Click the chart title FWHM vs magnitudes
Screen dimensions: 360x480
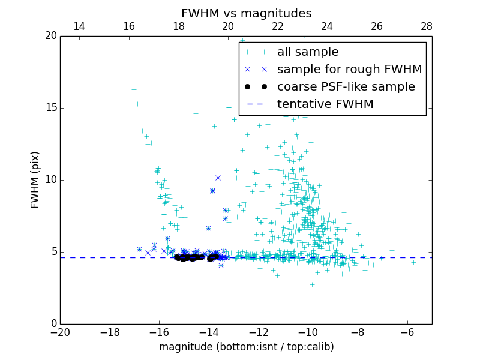tap(246, 13)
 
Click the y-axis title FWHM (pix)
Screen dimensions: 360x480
tap(35, 179)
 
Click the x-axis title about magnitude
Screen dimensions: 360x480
tap(246, 347)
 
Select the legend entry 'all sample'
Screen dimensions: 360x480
tap(308, 52)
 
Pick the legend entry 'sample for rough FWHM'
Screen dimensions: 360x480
tap(349, 69)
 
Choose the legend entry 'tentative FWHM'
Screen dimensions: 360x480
tap(325, 104)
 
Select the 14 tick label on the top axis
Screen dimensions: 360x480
tap(79, 26)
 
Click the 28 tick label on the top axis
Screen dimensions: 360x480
tap(427, 26)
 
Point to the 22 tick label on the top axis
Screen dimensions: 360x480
tap(278, 26)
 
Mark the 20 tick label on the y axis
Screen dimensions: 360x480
tap(50, 36)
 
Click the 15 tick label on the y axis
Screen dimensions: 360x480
tap(50, 108)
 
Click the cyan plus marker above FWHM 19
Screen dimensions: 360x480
tap(130, 46)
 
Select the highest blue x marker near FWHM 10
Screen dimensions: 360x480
tap(218, 178)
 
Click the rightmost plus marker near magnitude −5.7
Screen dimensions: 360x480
tap(413, 262)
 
